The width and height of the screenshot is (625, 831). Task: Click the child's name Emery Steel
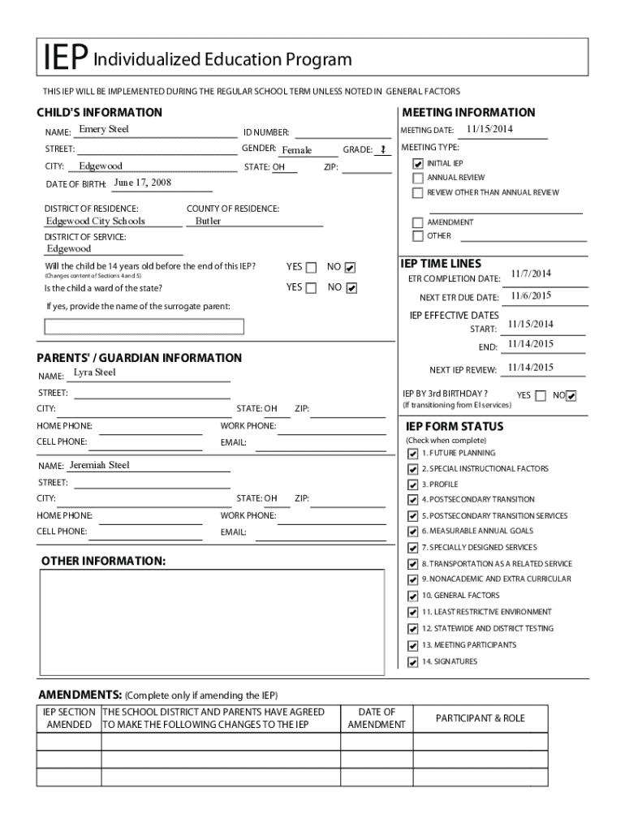103,130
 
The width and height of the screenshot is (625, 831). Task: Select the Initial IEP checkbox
418,164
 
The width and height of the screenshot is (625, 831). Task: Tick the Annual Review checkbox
418,178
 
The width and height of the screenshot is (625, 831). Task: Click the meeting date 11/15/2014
489,130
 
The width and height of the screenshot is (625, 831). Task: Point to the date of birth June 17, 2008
142,183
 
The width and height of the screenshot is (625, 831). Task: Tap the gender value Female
296,150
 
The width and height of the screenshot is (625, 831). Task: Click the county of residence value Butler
208,221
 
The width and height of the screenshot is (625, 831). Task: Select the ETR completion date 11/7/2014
531,273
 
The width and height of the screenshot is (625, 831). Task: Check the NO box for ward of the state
351,288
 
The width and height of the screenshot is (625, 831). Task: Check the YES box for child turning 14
311,268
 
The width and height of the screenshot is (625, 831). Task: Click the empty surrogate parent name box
144,326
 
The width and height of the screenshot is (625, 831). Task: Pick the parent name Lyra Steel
95,372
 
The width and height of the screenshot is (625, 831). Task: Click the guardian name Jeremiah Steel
99,466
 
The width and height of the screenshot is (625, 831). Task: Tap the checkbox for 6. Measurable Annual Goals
413,532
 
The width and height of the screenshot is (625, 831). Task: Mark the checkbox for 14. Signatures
413,662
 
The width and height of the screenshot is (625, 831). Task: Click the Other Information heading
103,562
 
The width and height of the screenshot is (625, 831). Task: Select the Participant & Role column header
480,718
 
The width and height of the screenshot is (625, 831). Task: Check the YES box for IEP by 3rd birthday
539,396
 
